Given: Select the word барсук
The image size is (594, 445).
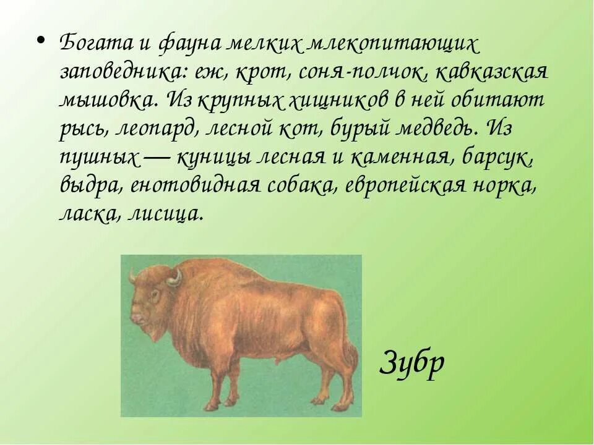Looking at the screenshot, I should click(499, 158).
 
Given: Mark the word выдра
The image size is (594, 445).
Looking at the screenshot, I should click(90, 186).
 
